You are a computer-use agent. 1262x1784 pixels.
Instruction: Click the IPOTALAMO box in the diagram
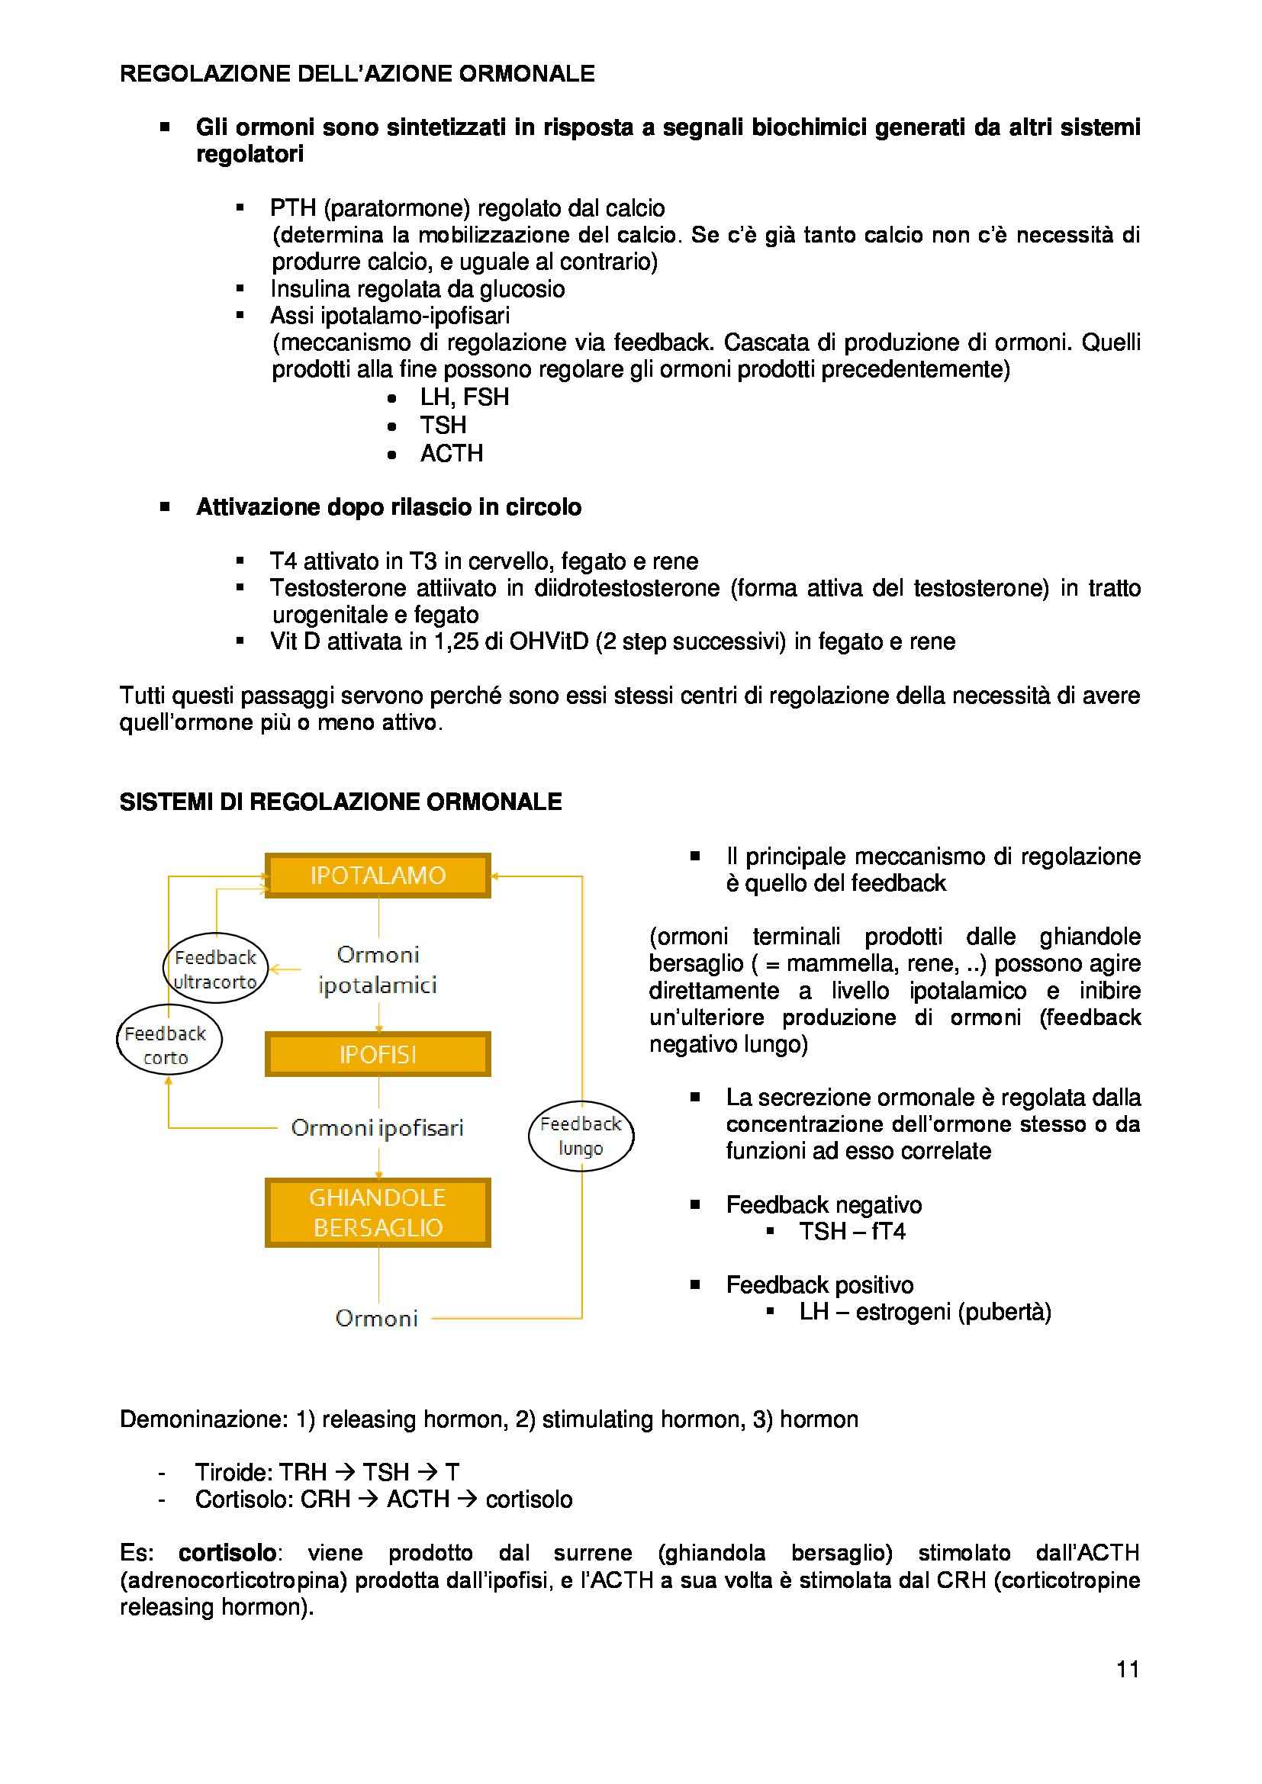378,876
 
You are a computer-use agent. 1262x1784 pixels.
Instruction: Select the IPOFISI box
378,1054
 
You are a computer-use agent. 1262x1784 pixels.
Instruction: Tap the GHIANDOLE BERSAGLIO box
378,1212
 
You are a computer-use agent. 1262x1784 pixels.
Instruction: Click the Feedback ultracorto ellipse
215,969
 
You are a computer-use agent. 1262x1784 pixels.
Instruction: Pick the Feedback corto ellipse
169,1045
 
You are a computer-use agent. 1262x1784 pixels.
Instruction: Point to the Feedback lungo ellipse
581,1136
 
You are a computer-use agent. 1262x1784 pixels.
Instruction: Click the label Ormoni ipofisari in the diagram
377,1127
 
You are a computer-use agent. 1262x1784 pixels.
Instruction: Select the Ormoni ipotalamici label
378,969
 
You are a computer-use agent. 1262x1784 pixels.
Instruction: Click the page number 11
1128,1669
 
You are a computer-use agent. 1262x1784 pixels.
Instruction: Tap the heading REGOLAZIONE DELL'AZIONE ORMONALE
357,74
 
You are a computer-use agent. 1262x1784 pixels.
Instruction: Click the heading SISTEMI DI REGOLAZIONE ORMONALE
340,802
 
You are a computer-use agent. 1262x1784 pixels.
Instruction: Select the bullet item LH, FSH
464,397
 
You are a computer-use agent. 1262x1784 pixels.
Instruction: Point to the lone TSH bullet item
443,425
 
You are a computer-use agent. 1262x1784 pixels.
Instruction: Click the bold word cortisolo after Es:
227,1553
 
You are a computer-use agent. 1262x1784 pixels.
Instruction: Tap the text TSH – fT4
852,1232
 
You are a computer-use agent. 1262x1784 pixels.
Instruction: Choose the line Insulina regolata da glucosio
417,289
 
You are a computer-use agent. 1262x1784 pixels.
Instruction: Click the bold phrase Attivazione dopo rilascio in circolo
388,507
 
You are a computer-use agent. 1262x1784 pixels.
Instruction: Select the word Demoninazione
204,1419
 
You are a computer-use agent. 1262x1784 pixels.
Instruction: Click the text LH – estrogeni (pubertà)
925,1312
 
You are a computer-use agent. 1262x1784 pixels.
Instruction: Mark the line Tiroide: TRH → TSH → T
327,1472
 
